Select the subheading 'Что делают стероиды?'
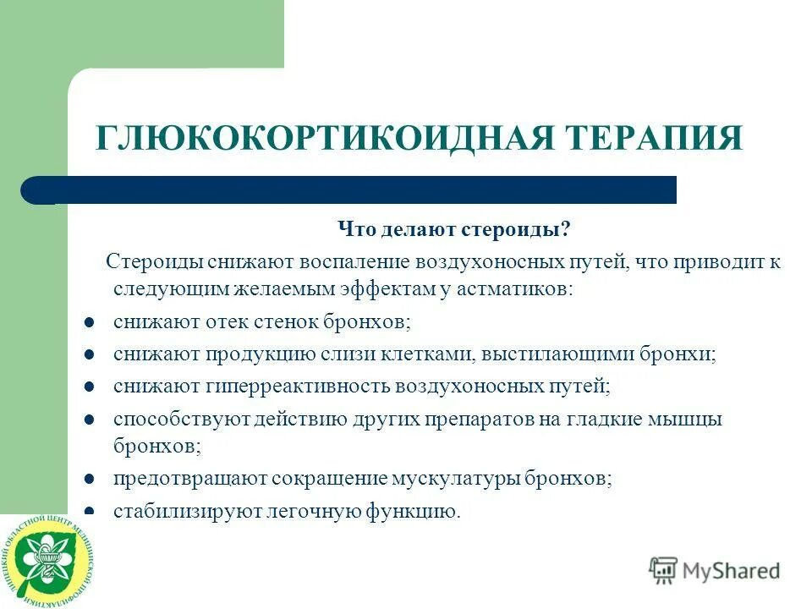click(x=454, y=230)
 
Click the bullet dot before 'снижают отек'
click(x=89, y=322)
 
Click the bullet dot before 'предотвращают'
click(x=89, y=479)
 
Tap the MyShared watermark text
click(x=732, y=570)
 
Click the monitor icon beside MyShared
click(x=664, y=570)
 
